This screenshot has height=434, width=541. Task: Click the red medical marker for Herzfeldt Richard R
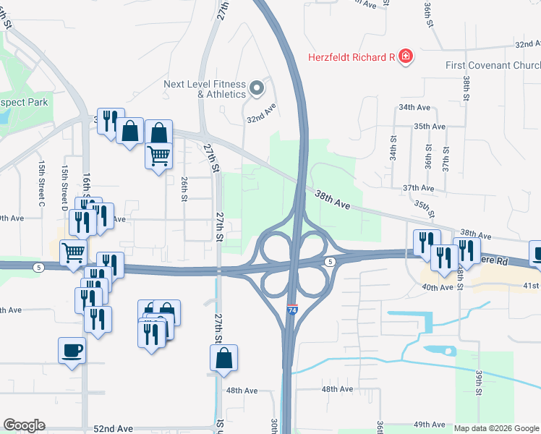(x=405, y=56)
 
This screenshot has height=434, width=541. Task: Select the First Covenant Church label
(x=493, y=65)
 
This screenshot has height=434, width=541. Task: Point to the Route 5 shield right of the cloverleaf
(x=330, y=261)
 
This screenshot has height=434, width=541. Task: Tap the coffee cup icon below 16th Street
(x=72, y=352)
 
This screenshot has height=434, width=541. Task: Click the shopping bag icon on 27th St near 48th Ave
(x=224, y=357)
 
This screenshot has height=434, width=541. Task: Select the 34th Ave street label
(x=414, y=107)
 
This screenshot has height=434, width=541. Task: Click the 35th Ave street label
(x=429, y=126)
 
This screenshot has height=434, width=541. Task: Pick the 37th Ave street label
(x=418, y=188)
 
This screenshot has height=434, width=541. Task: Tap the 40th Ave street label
(x=438, y=287)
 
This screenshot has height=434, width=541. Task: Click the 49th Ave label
(x=429, y=425)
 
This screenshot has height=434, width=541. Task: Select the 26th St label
(x=185, y=187)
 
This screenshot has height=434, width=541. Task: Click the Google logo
(x=24, y=425)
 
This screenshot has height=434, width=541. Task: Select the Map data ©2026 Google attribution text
(x=496, y=428)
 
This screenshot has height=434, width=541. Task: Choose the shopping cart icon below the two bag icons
(x=159, y=155)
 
